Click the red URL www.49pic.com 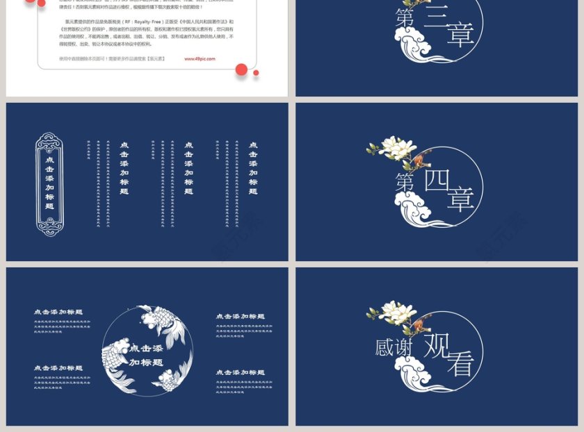coord(200,59)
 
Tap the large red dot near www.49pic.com coord(241,69)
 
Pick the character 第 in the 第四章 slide coord(405,183)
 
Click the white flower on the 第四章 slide coord(394,147)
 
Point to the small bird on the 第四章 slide coord(420,163)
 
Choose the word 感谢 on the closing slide coord(394,347)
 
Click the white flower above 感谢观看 coord(394,311)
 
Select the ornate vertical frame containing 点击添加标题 coord(49,184)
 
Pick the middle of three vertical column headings coord(188,169)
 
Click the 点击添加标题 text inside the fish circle coord(146,355)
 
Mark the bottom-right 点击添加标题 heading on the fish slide coord(240,372)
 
